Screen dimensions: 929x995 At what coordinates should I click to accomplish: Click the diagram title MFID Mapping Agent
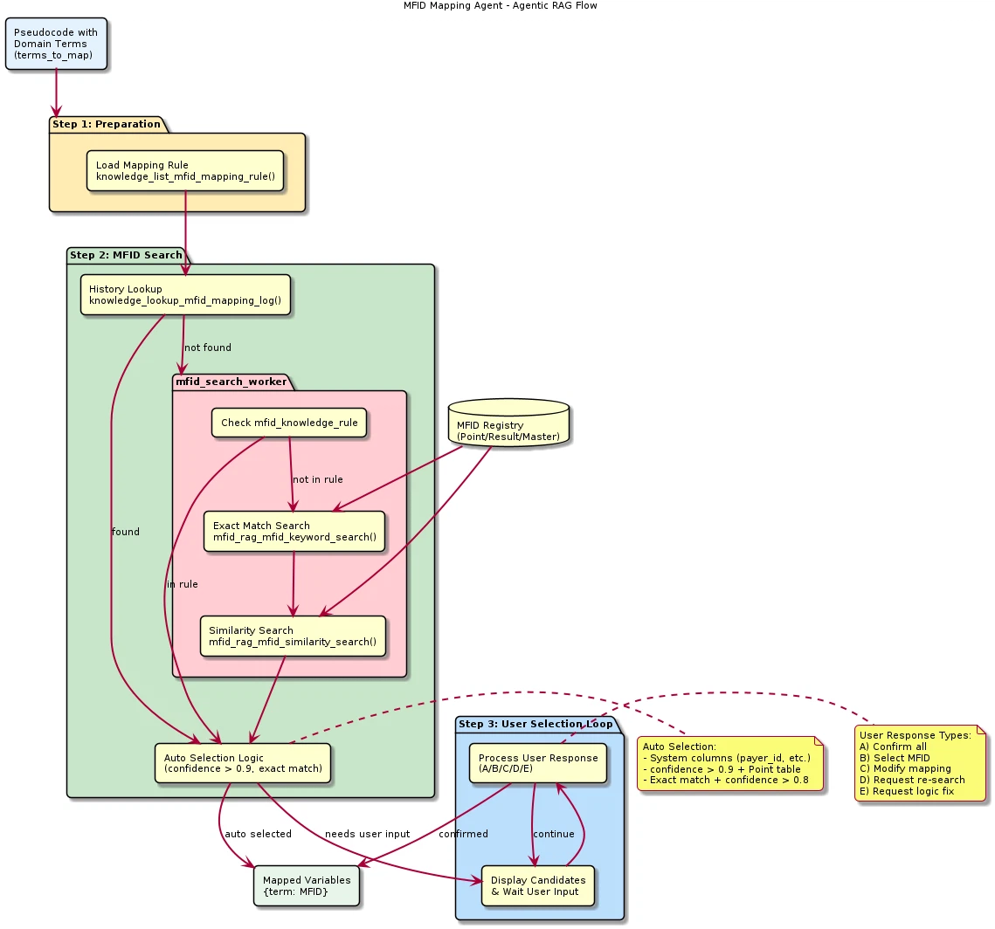[500, 6]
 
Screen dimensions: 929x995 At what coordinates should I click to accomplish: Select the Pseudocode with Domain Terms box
[56, 44]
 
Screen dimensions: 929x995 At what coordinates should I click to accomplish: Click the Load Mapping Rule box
[185, 170]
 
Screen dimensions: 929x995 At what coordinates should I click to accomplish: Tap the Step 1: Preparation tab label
[106, 124]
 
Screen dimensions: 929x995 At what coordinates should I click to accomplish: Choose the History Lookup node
[185, 295]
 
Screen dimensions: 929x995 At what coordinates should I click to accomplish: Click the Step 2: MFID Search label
[126, 255]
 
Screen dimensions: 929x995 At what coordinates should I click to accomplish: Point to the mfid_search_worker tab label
[231, 382]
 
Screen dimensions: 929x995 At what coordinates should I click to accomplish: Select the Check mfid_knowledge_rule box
[289, 423]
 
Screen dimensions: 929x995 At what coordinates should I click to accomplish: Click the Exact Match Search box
[294, 531]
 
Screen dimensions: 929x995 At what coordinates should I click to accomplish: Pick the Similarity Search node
[293, 636]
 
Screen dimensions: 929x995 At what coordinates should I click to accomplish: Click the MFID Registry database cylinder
[508, 423]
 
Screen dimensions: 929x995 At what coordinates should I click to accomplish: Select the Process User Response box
[538, 763]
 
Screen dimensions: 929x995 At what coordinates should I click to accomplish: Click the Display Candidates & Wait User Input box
[538, 885]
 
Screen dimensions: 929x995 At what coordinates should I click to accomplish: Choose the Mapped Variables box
[307, 885]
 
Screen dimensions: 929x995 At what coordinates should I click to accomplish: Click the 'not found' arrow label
[208, 348]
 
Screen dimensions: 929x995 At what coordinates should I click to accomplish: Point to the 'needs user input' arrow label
[367, 834]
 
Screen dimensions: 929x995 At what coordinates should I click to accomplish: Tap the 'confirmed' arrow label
[463, 834]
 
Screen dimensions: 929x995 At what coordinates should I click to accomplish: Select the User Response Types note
[920, 763]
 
